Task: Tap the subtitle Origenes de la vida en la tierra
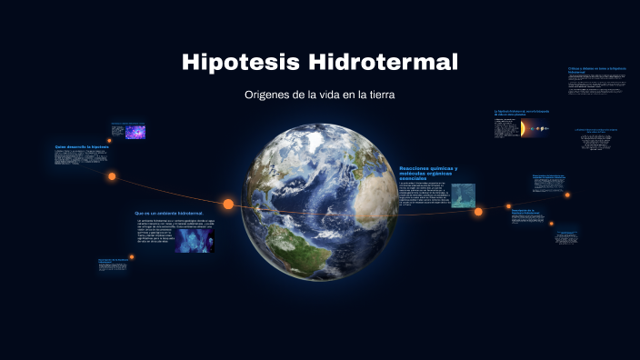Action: click(319, 95)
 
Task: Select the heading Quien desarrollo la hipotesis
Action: click(81, 146)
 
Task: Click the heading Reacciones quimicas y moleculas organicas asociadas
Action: click(428, 173)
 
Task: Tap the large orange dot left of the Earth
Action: click(228, 204)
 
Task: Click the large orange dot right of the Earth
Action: click(478, 212)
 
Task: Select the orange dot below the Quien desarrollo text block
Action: click(112, 176)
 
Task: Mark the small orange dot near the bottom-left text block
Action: click(132, 257)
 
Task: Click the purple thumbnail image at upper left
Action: click(135, 131)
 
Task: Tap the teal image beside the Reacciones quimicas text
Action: click(463, 195)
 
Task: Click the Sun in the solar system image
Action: click(523, 129)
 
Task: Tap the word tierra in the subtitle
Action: click(381, 95)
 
